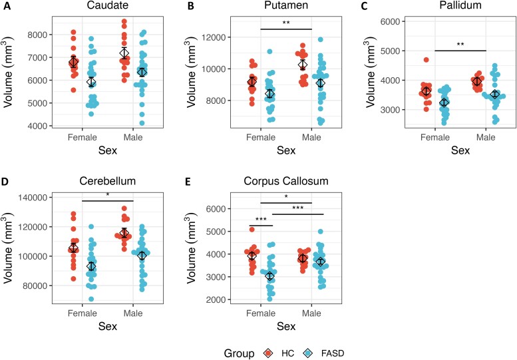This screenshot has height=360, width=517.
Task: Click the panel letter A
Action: pos(5,7)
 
